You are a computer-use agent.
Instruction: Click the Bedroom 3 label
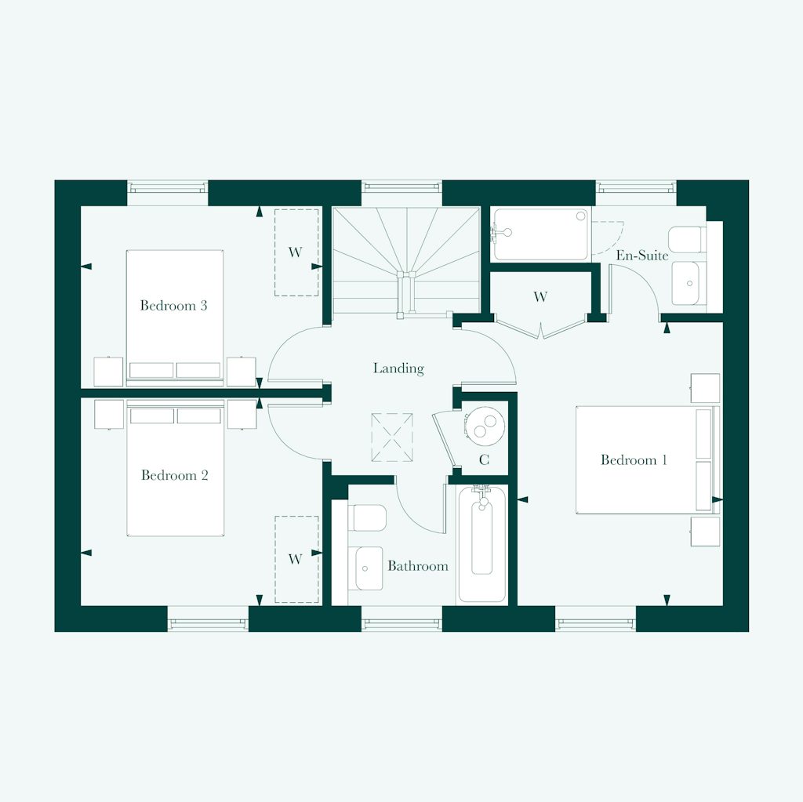click(x=173, y=306)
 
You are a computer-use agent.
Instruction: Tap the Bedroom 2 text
click(x=174, y=475)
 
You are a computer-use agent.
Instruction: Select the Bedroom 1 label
click(x=634, y=460)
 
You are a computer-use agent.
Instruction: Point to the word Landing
click(x=398, y=368)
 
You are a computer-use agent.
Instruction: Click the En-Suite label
click(x=641, y=256)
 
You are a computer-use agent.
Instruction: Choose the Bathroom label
click(x=417, y=566)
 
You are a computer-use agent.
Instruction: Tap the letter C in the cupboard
click(x=484, y=460)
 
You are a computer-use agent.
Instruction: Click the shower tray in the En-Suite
click(x=540, y=234)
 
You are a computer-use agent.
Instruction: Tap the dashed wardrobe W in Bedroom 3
click(x=296, y=252)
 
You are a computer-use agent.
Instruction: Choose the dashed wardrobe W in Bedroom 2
click(x=296, y=559)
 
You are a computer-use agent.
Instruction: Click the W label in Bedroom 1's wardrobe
click(x=540, y=297)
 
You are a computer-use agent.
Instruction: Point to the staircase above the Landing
click(x=405, y=259)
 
